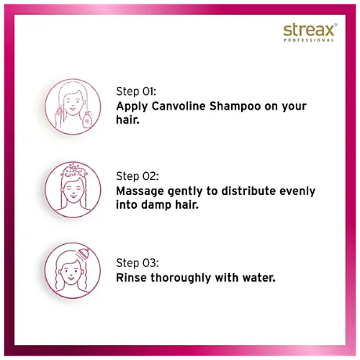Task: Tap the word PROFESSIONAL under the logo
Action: point(309,40)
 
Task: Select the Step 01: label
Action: point(136,91)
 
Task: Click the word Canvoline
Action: point(179,106)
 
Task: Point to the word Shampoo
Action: point(235,106)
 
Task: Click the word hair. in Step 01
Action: point(127,120)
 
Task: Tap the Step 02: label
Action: point(138,176)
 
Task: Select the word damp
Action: point(156,205)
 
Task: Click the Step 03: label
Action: point(138,263)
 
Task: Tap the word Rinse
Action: point(131,278)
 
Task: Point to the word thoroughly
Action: point(181,278)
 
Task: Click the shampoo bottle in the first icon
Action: point(87,120)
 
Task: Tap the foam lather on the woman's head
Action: point(73,171)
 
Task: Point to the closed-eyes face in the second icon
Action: point(73,190)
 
